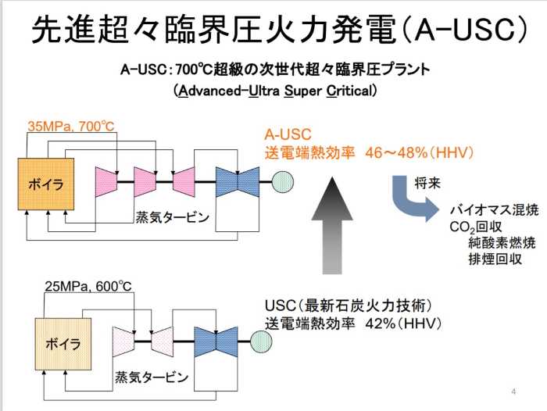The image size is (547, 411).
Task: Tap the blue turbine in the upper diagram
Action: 237,181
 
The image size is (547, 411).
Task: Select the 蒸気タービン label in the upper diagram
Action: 173,218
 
